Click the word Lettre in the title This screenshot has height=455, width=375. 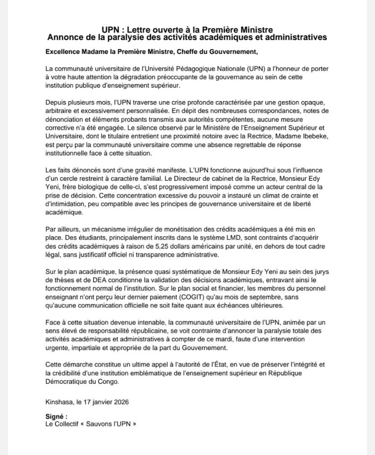(x=140, y=30)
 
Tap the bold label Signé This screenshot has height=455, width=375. (x=56, y=416)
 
